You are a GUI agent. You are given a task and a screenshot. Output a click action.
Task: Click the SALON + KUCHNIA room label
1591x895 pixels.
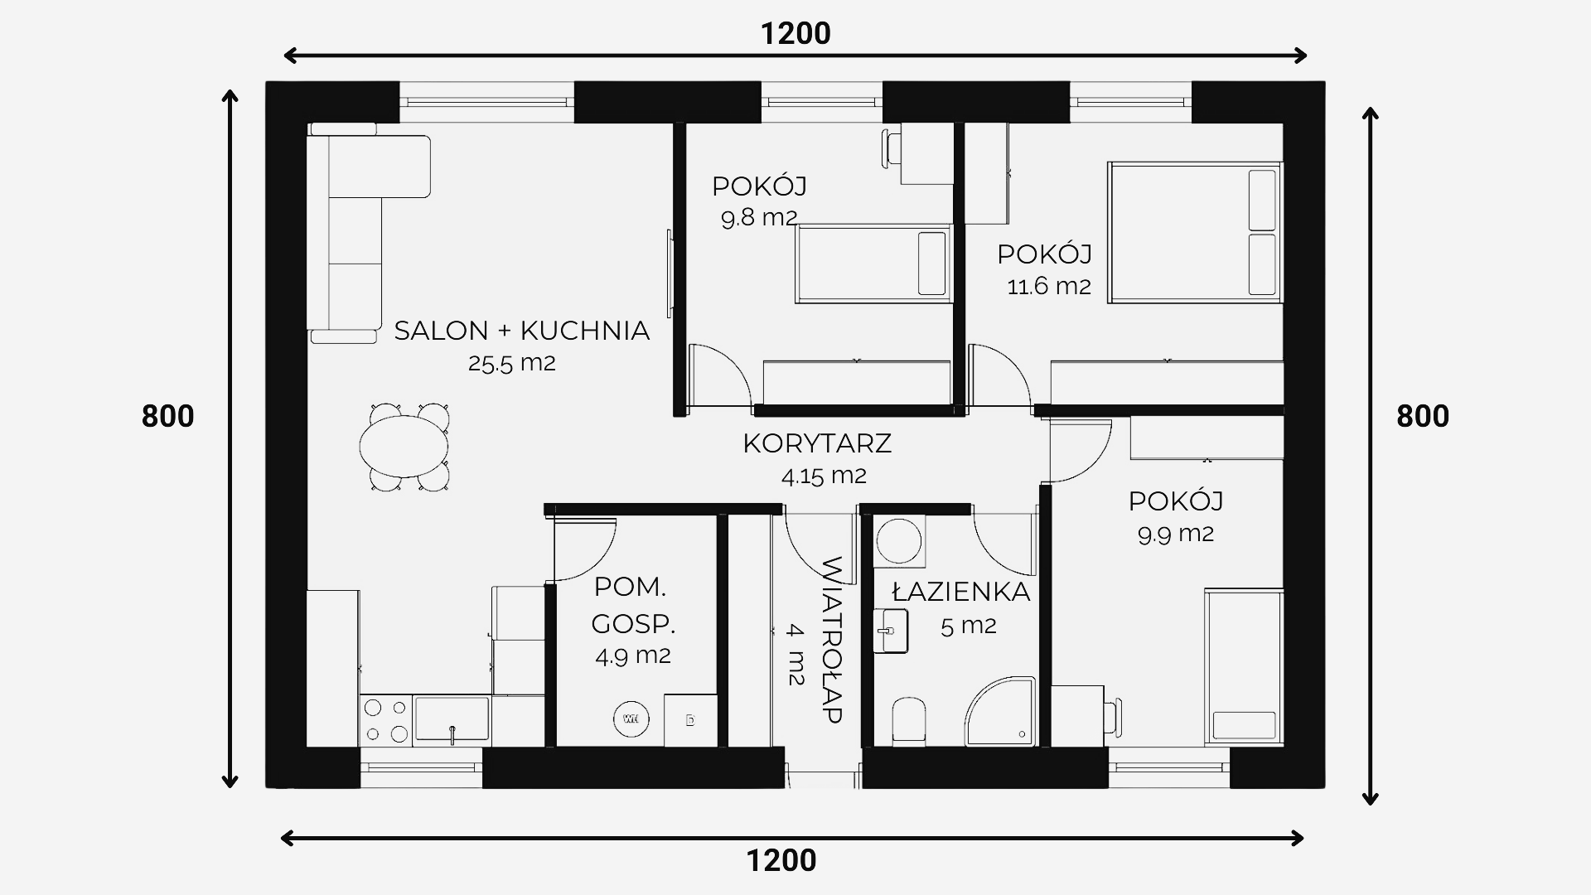[x=521, y=331]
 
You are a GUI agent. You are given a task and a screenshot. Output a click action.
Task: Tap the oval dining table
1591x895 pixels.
[x=404, y=447]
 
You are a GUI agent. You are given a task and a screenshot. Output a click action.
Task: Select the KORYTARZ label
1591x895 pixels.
[x=817, y=443]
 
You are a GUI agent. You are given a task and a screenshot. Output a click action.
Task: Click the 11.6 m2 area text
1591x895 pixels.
[x=1049, y=286]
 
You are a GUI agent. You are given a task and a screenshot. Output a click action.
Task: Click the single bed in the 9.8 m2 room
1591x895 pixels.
[x=873, y=264]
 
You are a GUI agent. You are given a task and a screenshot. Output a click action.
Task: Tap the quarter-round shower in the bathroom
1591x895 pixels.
[x=1002, y=712]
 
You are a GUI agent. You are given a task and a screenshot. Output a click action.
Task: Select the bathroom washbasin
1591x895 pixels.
[x=891, y=631]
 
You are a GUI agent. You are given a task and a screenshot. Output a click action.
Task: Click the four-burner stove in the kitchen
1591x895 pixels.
[x=387, y=720]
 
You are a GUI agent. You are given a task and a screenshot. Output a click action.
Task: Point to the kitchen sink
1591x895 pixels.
[x=452, y=719]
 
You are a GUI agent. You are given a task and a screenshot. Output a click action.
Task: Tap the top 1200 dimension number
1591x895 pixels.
[x=795, y=33]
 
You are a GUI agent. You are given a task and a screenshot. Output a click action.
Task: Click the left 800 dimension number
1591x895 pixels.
[x=167, y=416]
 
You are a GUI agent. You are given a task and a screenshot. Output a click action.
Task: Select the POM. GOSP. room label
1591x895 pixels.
[x=632, y=605]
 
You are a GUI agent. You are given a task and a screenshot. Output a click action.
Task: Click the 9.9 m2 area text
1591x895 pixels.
[x=1176, y=534]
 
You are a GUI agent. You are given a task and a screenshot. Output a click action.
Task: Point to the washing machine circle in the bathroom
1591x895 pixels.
[x=899, y=543]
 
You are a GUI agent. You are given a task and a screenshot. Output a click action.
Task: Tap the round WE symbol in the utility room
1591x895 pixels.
[x=631, y=718]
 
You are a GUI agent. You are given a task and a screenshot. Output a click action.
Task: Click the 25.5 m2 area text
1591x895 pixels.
[x=511, y=363]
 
